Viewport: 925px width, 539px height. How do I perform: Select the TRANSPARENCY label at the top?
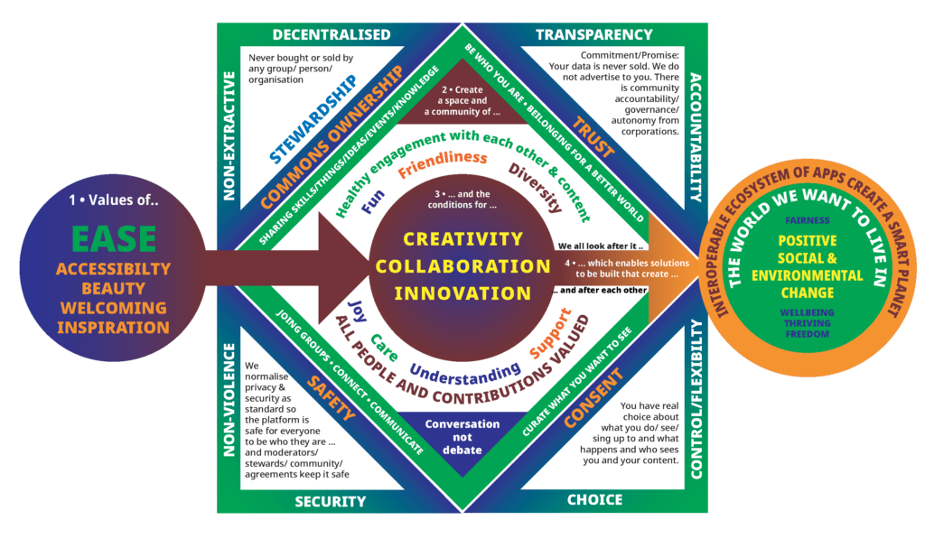tap(593, 34)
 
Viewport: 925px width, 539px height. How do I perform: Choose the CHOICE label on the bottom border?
tap(594, 499)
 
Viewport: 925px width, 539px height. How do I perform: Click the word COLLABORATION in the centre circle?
tap(462, 266)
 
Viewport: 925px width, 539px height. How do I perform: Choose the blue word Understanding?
tap(464, 371)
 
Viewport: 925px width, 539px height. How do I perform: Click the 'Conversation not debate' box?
tap(462, 436)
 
